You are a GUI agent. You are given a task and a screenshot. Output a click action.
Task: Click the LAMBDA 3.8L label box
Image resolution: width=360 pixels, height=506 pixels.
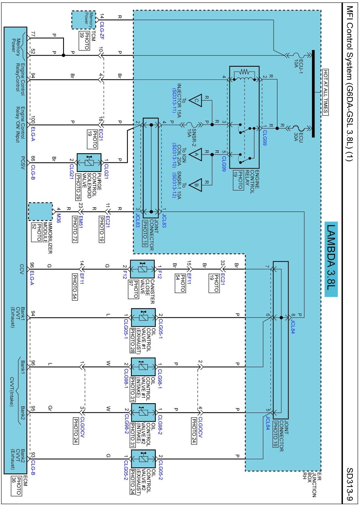point(331,259)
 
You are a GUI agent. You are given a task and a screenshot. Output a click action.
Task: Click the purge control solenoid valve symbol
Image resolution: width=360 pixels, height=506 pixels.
point(89,163)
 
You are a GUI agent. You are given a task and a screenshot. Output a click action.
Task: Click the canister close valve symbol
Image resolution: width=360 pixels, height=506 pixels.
point(142,269)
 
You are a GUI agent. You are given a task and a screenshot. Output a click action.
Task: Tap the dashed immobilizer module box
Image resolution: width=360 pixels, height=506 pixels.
point(40,212)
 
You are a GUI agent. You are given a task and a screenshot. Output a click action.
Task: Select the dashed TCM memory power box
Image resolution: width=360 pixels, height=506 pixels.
point(84,20)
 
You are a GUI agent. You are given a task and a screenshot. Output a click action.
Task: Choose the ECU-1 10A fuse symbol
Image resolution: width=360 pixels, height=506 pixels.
point(297,55)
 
